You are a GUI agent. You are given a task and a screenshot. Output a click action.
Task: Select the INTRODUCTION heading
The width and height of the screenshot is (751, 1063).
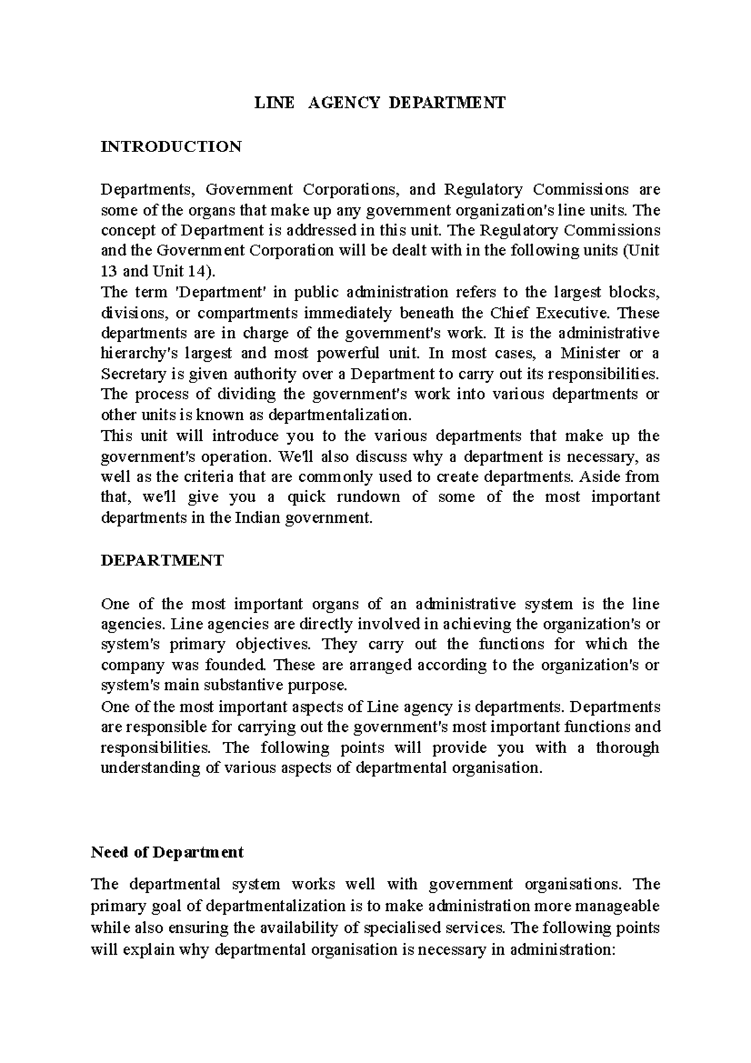pos(171,146)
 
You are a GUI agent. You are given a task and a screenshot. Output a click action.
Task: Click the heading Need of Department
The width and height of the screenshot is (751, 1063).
pos(167,852)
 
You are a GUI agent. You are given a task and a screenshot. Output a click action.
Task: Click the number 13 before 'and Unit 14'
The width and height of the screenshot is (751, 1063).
pos(108,271)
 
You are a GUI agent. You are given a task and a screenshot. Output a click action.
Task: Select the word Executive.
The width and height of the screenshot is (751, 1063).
pos(568,312)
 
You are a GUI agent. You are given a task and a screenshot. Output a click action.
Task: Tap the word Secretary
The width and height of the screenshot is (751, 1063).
pos(131,374)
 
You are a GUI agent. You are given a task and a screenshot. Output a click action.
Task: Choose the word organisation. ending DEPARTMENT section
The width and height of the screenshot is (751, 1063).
pos(496,768)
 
